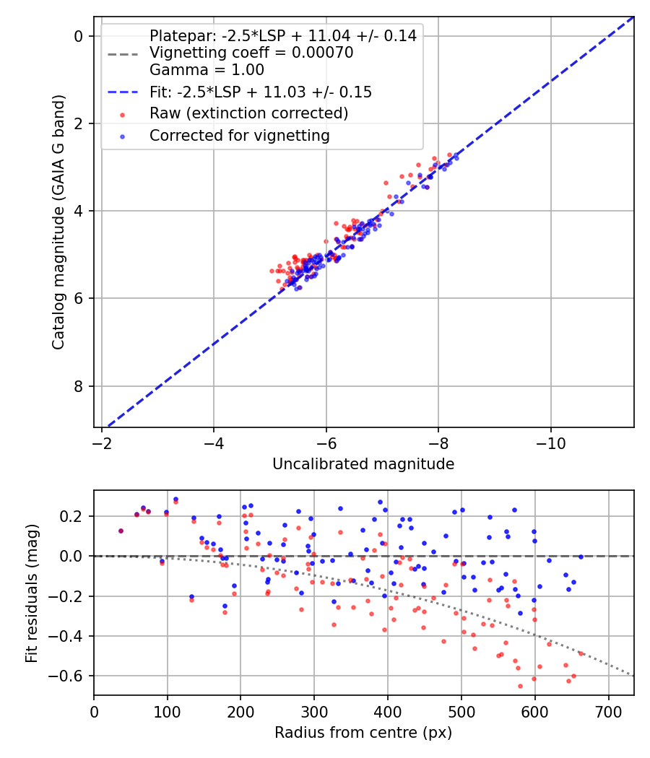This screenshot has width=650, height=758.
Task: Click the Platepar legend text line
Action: (x=282, y=36)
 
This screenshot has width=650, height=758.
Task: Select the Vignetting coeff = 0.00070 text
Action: (x=251, y=53)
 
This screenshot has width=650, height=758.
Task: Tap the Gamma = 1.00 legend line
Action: (x=207, y=70)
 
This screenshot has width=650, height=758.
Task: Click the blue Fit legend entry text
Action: (x=261, y=92)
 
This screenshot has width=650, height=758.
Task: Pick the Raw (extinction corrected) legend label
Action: (x=248, y=113)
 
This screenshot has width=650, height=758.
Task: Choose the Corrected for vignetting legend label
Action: (x=239, y=135)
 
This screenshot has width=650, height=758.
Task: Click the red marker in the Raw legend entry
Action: (x=123, y=114)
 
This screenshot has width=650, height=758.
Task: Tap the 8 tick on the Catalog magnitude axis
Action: (x=79, y=386)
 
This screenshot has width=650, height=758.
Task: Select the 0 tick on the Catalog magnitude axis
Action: (x=79, y=36)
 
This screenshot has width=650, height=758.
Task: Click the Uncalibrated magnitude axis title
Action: (x=363, y=464)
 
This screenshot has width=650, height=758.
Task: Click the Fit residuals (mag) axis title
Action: (x=30, y=593)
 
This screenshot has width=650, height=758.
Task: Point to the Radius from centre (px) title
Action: (x=363, y=733)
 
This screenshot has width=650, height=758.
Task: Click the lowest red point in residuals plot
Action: (x=520, y=686)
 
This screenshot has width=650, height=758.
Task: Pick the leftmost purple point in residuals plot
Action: (x=121, y=531)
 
